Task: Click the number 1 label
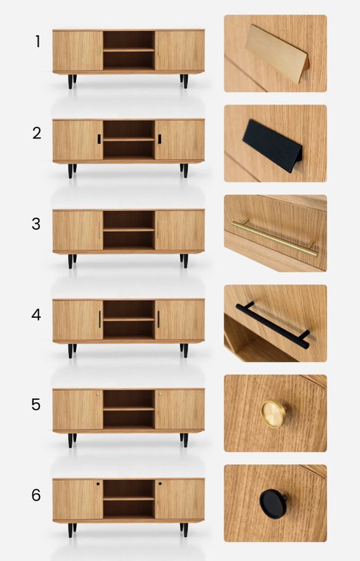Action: [x=37, y=41]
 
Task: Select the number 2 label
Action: [x=37, y=133]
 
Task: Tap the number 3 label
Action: [x=37, y=224]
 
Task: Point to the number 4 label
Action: [x=37, y=315]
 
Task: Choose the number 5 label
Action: [x=37, y=405]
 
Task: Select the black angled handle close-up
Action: [x=272, y=146]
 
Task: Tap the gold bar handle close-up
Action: [x=274, y=236]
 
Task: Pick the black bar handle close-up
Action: [x=273, y=325]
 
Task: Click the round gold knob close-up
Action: [x=272, y=413]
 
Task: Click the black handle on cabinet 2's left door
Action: [x=99, y=138]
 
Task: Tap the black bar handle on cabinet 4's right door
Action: [x=158, y=319]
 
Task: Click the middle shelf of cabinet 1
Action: [x=129, y=49]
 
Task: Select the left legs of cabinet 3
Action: [x=71, y=261]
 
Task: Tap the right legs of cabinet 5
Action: [x=184, y=440]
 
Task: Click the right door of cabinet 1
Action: [x=179, y=50]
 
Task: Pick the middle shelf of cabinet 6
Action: [x=129, y=498]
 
